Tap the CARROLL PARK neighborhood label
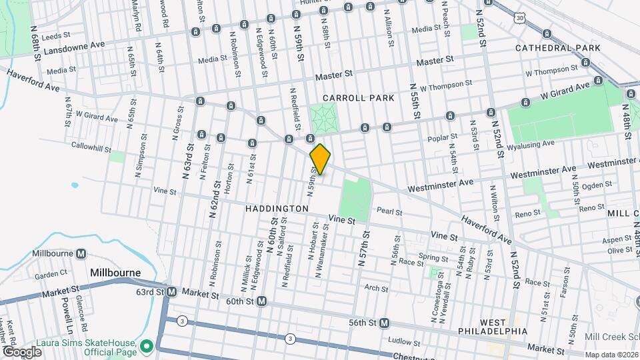pyautogui.click(x=358, y=98)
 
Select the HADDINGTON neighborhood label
pyautogui.click(x=277, y=209)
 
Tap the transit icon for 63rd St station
pyautogui.click(x=171, y=292)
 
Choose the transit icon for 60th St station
pyautogui.click(x=262, y=301)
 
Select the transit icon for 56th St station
pyautogui.click(x=385, y=323)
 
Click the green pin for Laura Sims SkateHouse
pyautogui.click(x=145, y=345)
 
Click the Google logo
pyautogui.click(x=21, y=351)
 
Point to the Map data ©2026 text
pyautogui.click(x=611, y=355)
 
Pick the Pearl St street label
pyautogui.click(x=390, y=211)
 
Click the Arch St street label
pyautogui.click(x=376, y=289)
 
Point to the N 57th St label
pyautogui.click(x=364, y=249)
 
